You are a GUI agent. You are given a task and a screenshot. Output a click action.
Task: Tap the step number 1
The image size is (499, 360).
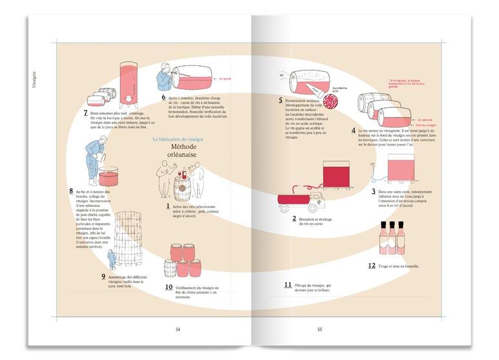pos(168,206)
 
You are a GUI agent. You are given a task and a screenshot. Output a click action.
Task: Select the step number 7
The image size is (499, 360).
pos(86,112)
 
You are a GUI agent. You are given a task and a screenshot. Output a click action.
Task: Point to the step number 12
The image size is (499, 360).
pos(372,265)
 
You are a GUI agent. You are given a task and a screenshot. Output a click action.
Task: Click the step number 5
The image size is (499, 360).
pos(281,100)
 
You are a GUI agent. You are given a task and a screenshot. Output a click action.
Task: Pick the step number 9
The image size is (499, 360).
pos(103,277)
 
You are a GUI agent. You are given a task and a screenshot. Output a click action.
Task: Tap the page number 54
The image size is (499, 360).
pos(178,329)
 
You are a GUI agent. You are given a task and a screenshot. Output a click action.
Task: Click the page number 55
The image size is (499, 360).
pos(320,329)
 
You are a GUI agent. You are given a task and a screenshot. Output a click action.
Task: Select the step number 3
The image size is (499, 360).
pos(374,191)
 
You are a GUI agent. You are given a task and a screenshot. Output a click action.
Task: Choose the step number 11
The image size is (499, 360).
pos(288,284)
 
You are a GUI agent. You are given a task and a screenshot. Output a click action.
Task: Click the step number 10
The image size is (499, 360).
pos(169,287)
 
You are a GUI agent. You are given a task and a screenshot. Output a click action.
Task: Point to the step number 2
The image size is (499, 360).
pos(294,219)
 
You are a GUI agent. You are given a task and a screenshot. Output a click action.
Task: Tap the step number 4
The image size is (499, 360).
pos(354,130)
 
